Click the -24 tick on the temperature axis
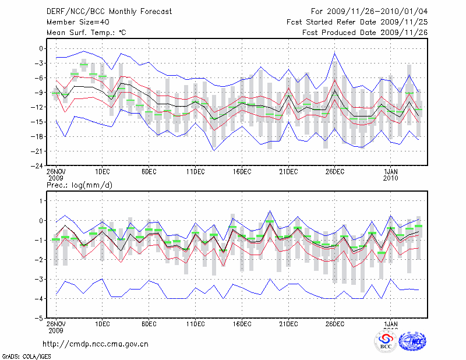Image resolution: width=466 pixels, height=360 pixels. pyautogui.click(x=39, y=165)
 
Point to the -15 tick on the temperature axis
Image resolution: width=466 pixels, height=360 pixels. pyautogui.click(x=39, y=122)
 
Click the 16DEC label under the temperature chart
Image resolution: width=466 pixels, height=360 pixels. pyautogui.click(x=242, y=172)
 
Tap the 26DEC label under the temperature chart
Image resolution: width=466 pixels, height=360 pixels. pyautogui.click(x=335, y=172)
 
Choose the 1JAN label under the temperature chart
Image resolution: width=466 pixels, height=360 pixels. pyautogui.click(x=391, y=172)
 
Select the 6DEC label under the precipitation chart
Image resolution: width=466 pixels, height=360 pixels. pyautogui.click(x=149, y=324)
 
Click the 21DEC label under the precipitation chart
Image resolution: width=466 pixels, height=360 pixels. pyautogui.click(x=288, y=324)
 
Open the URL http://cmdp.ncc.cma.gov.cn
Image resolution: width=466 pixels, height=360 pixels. pyautogui.click(x=96, y=344)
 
